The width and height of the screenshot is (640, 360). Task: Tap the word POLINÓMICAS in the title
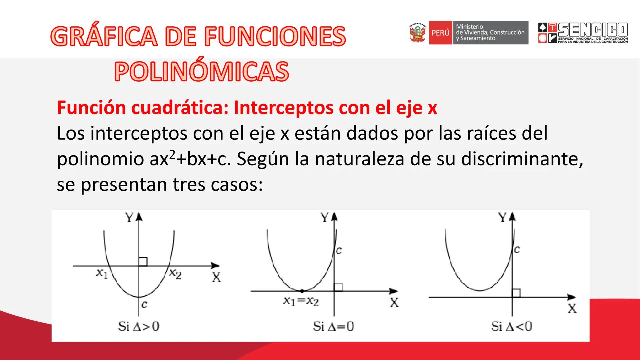click(202, 72)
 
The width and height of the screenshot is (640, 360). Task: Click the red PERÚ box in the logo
click(440, 33)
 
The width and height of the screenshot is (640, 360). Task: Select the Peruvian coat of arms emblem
click(418, 33)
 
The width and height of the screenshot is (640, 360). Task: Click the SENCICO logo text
click(593, 30)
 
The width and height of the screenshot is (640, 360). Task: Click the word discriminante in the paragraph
click(522, 159)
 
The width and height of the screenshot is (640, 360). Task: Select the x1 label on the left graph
click(102, 274)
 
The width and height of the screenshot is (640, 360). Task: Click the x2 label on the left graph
click(175, 274)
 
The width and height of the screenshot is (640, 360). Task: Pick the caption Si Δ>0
click(139, 326)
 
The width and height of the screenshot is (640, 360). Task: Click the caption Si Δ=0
click(333, 326)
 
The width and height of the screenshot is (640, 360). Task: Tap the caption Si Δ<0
click(512, 326)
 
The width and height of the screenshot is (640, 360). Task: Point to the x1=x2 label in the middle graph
click(301, 301)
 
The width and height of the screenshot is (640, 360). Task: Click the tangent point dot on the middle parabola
click(302, 291)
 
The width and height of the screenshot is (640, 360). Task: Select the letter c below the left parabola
click(144, 304)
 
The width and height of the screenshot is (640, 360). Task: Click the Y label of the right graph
click(503, 218)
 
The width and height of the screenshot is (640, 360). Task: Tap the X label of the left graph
click(216, 277)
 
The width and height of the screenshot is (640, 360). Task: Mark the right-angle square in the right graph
click(516, 293)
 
